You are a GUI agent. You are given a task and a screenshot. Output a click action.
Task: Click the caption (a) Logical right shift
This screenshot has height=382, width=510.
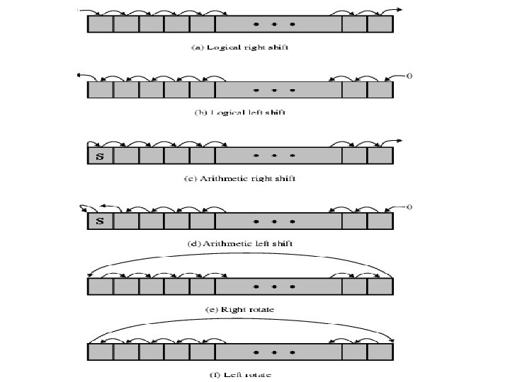pyautogui.click(x=240, y=47)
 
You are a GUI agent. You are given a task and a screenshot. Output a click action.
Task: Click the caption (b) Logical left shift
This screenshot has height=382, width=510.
pyautogui.click(x=240, y=112)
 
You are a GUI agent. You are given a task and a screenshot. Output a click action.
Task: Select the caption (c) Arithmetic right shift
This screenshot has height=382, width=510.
pyautogui.click(x=240, y=178)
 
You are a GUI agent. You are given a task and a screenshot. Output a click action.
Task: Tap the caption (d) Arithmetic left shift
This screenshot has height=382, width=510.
pyautogui.click(x=240, y=243)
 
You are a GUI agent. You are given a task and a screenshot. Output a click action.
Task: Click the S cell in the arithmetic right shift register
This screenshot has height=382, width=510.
pyautogui.click(x=100, y=156)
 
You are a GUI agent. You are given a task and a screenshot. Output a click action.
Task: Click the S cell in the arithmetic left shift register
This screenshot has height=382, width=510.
pyautogui.click(x=100, y=221)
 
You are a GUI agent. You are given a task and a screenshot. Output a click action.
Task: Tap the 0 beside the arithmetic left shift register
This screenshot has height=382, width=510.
pyautogui.click(x=409, y=207)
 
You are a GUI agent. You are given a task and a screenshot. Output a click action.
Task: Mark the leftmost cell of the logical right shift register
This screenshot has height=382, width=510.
pyautogui.click(x=100, y=24)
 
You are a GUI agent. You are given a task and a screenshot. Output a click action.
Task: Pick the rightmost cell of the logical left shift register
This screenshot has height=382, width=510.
pyautogui.click(x=380, y=90)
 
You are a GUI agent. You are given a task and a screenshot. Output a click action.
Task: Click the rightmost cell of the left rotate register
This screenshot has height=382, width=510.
pyautogui.click(x=380, y=352)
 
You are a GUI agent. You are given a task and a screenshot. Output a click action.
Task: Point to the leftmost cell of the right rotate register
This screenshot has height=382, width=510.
pyautogui.click(x=100, y=286)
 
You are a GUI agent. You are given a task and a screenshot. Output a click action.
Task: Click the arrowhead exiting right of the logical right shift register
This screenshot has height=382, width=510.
pyautogui.click(x=400, y=10)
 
